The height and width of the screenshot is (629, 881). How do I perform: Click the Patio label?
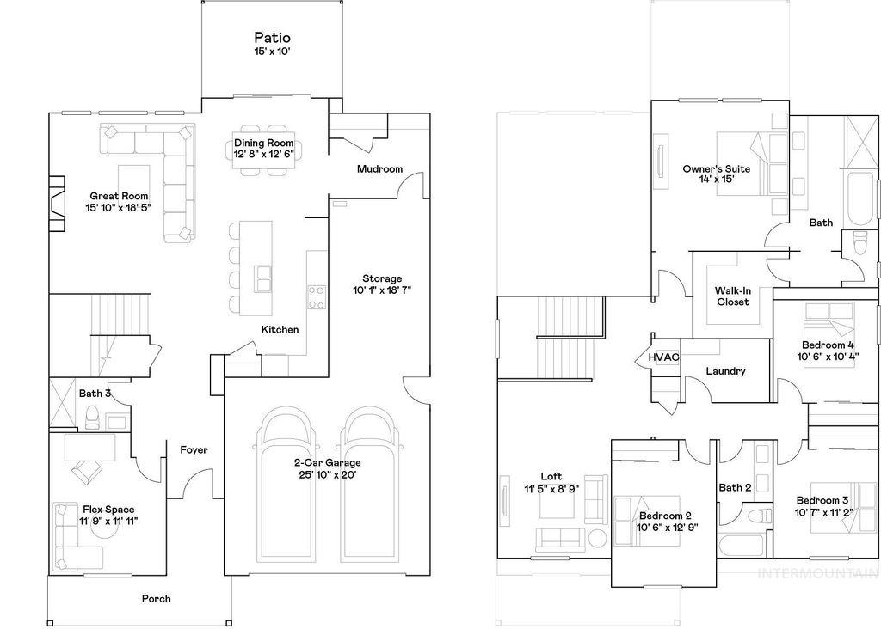pyautogui.click(x=272, y=38)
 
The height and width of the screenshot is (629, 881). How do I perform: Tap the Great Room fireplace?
pyautogui.click(x=57, y=204)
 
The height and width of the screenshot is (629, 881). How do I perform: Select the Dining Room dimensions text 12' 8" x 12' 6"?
pyautogui.click(x=264, y=154)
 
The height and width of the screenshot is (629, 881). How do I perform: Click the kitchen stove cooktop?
pyautogui.click(x=317, y=297)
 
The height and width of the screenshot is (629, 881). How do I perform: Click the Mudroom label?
pyautogui.click(x=379, y=169)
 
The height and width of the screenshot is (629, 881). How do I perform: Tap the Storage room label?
pyautogui.click(x=382, y=278)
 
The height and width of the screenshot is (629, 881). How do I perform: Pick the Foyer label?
pyautogui.click(x=194, y=449)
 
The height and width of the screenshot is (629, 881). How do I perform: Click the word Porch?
pyautogui.click(x=157, y=599)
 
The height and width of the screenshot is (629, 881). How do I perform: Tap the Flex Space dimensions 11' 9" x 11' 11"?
pyautogui.click(x=108, y=521)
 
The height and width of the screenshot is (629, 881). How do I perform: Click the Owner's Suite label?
pyautogui.click(x=716, y=169)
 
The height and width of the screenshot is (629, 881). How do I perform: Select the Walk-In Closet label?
pyautogui.click(x=732, y=296)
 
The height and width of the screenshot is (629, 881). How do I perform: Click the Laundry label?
pyautogui.click(x=725, y=371)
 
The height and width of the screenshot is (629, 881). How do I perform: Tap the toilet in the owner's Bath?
pyautogui.click(x=859, y=245)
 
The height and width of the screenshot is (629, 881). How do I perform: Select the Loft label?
pyautogui.click(x=551, y=476)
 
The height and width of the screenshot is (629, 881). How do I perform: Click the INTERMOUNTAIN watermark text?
pyautogui.click(x=822, y=573)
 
